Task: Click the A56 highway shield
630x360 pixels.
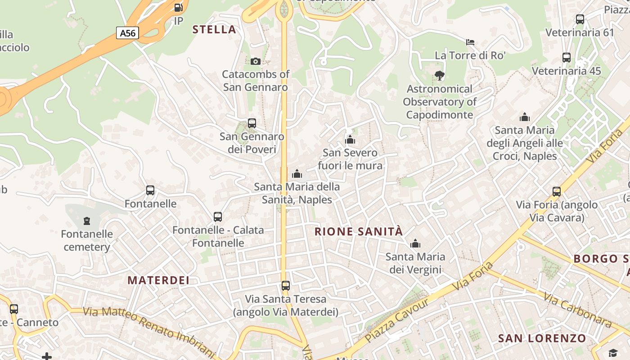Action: point(127,33)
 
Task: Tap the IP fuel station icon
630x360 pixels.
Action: point(179,8)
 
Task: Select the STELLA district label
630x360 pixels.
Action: point(214,30)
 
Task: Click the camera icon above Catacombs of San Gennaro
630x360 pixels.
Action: point(255,61)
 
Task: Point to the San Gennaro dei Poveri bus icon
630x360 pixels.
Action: point(252,123)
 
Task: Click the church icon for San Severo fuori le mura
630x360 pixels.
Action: point(350,139)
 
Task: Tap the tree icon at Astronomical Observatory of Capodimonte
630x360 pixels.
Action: point(440,76)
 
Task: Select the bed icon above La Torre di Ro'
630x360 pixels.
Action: point(470,42)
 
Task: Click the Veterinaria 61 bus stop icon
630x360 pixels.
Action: point(580,19)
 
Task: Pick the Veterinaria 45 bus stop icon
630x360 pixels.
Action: point(567,58)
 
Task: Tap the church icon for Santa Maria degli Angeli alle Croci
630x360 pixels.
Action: point(525,117)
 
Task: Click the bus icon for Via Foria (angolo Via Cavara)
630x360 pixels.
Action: point(557,192)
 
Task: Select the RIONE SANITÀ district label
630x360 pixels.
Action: point(359,232)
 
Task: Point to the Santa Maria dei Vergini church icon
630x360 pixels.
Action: point(415,244)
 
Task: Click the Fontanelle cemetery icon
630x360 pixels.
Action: point(87,221)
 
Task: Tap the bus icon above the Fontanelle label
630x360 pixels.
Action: point(150,190)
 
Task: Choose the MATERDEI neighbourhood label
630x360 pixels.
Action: point(158,280)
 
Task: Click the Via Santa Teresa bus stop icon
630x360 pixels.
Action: point(286,286)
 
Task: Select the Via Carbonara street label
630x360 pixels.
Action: point(578,310)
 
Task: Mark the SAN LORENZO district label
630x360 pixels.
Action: point(542,338)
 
